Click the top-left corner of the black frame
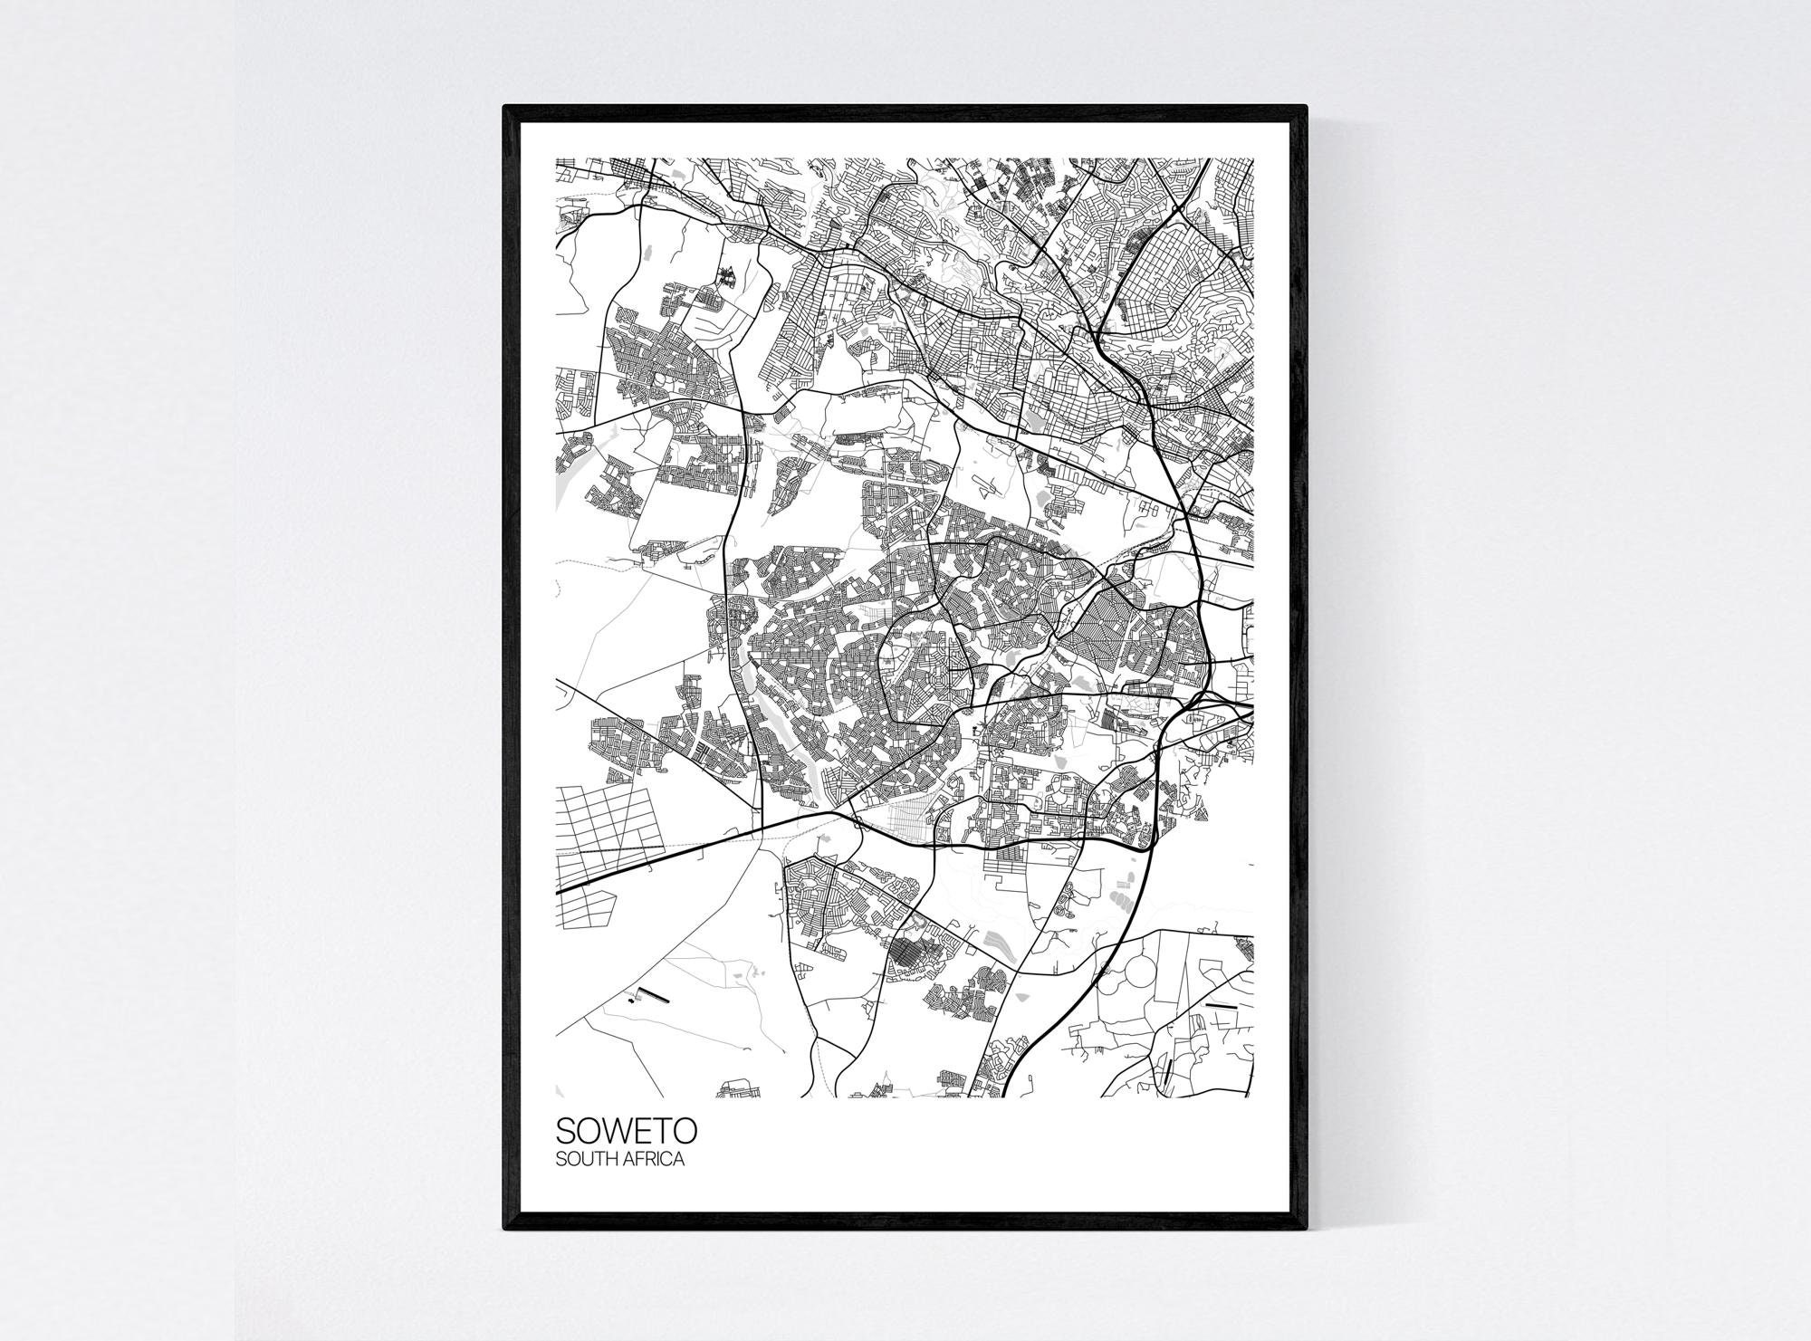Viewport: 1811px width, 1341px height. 504,132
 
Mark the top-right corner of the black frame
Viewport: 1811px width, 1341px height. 1308,132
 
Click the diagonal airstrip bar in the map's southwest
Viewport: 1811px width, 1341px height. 653,995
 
